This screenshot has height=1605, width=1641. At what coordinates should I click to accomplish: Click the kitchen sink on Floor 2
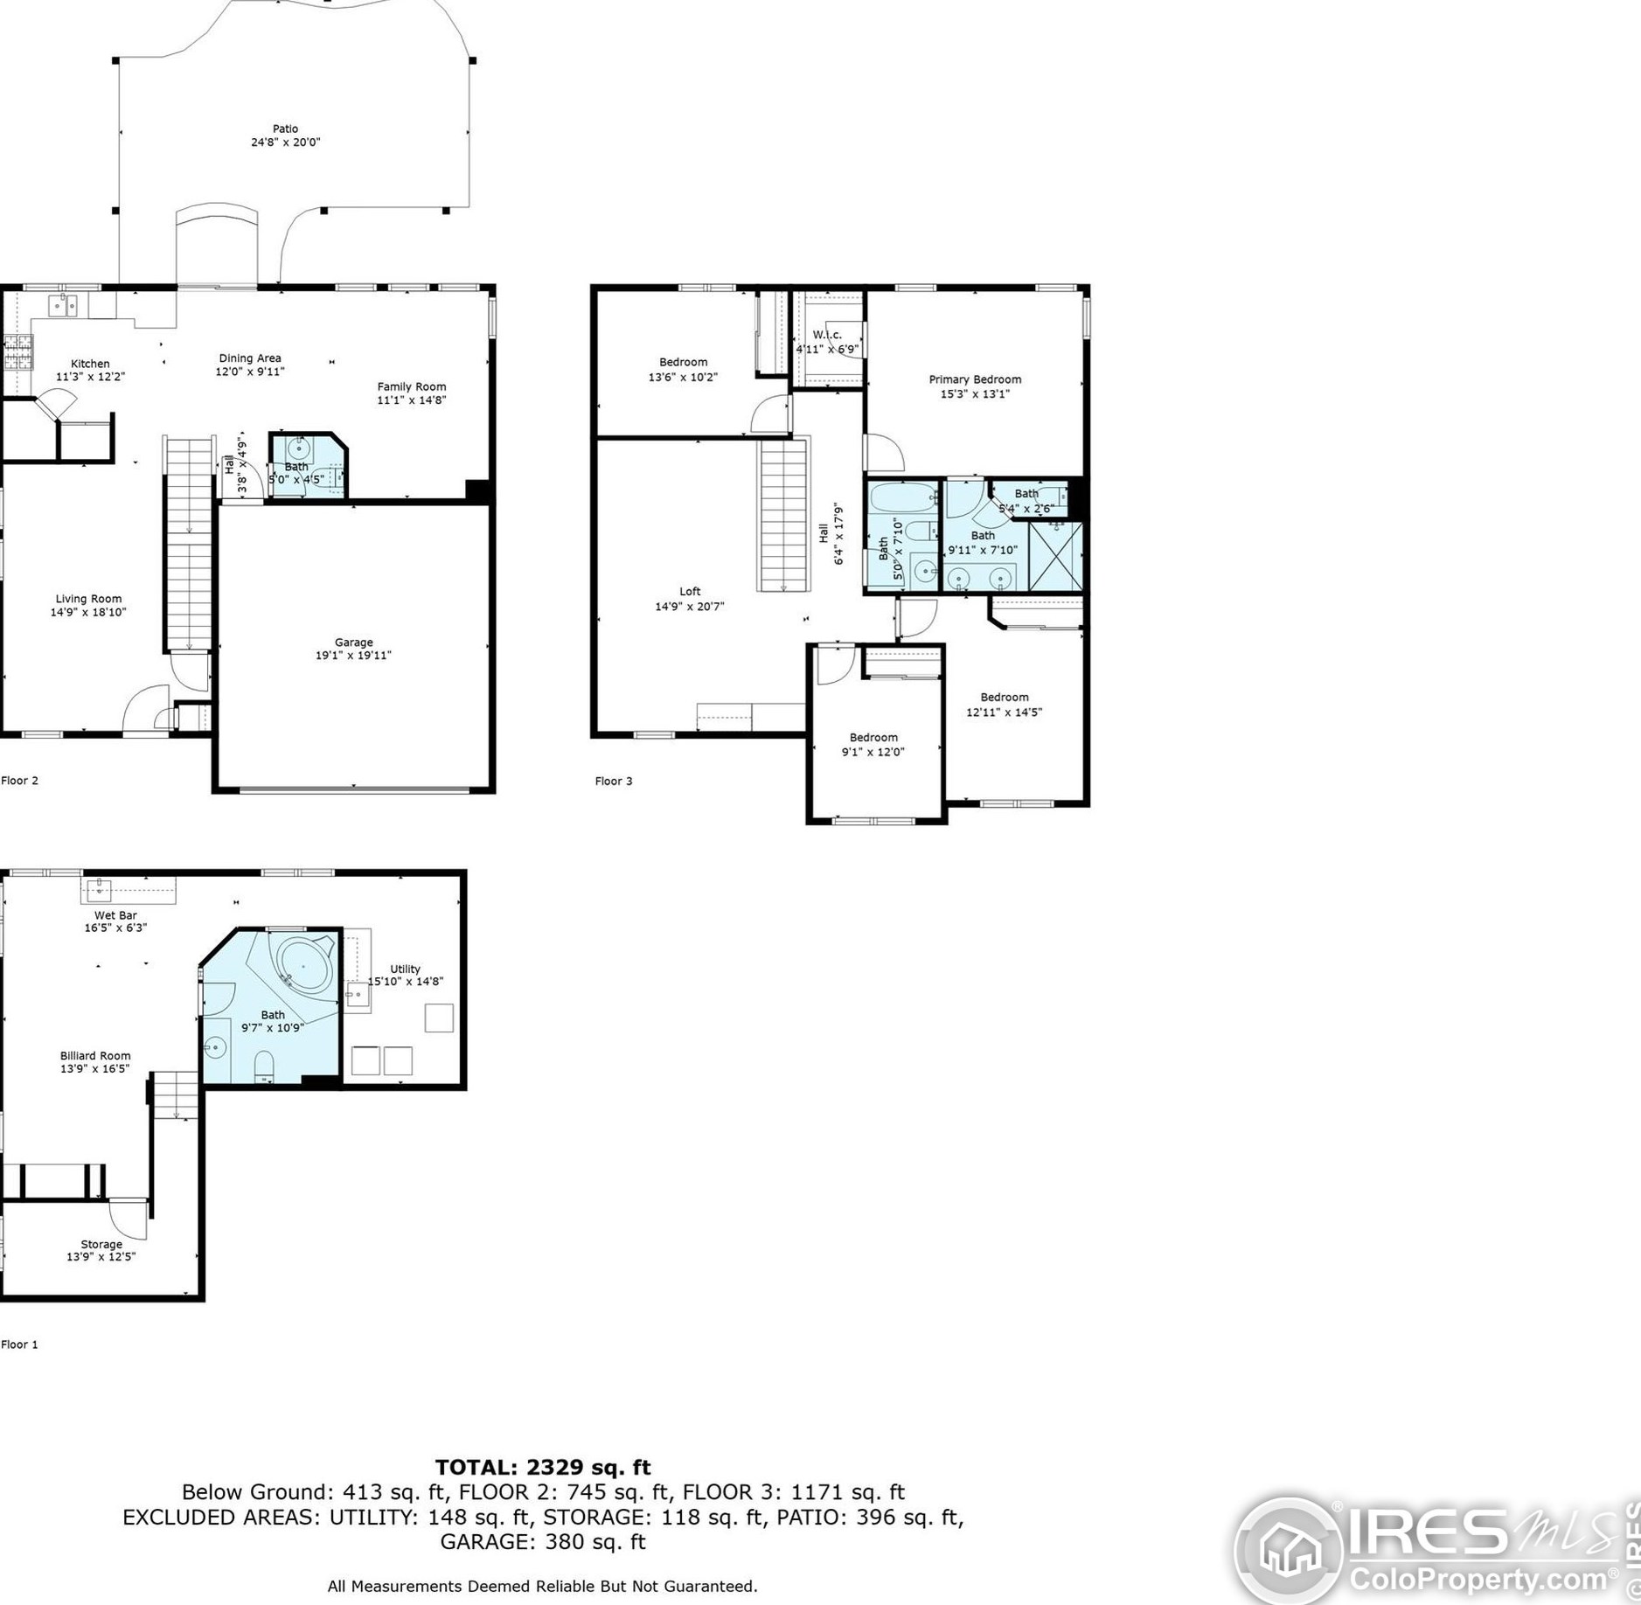click(62, 306)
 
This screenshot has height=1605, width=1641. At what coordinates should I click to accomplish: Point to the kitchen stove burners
click(18, 351)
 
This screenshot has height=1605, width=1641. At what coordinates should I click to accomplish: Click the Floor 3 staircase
click(782, 516)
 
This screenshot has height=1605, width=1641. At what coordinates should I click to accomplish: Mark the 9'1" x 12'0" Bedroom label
click(873, 744)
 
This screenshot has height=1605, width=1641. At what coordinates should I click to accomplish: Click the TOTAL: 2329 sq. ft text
click(543, 1467)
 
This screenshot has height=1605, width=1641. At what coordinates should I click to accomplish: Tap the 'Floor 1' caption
click(19, 1344)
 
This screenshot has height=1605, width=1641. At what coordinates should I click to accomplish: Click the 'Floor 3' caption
click(614, 781)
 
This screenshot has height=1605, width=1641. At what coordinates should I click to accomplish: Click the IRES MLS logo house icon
click(1290, 1551)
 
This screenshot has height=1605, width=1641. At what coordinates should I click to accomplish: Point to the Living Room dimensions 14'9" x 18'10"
click(88, 612)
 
